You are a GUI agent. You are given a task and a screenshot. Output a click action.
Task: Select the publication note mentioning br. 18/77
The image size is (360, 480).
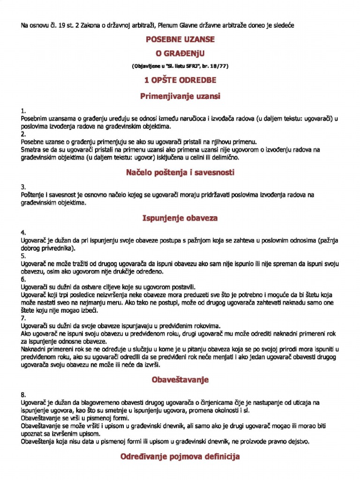pos(180,66)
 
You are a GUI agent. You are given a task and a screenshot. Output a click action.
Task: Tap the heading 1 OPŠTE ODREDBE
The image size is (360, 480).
pos(180,80)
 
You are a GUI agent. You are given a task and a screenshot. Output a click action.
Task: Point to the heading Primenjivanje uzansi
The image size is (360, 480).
pos(180,96)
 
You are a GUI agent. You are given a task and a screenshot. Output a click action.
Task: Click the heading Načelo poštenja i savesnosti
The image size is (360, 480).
pos(180,172)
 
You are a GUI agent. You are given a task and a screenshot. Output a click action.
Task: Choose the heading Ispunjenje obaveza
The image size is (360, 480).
pos(180,218)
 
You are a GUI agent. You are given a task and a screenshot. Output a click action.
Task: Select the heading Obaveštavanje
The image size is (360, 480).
pos(180,380)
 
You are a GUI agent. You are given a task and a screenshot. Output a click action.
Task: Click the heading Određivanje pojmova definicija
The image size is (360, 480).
pos(180,456)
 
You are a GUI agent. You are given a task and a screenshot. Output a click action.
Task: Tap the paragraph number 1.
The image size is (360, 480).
pos(23,111)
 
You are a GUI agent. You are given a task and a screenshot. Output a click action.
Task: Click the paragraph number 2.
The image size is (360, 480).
pos(23,134)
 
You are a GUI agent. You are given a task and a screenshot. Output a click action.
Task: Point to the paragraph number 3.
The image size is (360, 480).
pos(23,187)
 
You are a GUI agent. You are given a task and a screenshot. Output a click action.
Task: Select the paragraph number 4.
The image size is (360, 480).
pos(23,233)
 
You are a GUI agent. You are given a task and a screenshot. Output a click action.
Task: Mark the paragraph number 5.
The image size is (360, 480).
pos(23,256)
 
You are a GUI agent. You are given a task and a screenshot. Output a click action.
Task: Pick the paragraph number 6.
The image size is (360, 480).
pos(23,279)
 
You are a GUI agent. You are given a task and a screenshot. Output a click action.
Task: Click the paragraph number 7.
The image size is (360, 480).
pos(23,317)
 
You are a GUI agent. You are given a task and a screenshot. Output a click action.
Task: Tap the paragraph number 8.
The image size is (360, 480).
pos(23,395)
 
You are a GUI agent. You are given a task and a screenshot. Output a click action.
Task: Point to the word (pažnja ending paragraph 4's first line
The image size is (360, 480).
pos(328,240)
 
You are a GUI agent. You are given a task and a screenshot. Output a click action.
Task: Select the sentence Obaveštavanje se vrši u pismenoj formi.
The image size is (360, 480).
pos(75,418)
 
